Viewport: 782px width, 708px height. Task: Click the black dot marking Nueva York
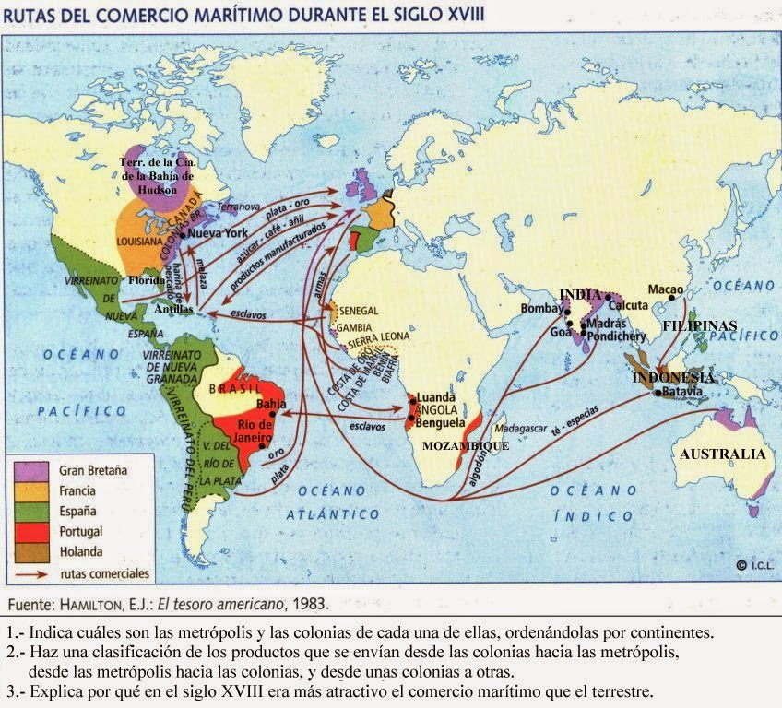pos(184,235)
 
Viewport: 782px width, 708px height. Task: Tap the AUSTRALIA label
pos(722,454)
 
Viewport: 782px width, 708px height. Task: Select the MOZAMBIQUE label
pos(466,445)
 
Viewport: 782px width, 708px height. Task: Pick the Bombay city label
pos(541,308)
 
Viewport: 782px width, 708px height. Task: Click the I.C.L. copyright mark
pos(753,564)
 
